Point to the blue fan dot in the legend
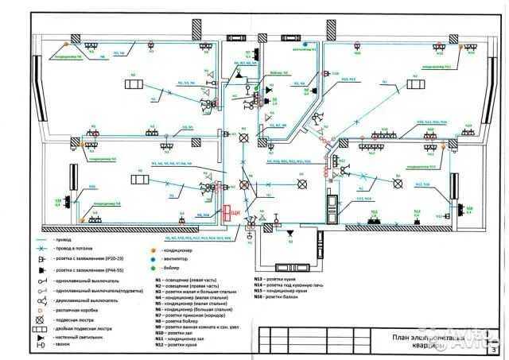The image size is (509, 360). tap(153, 258)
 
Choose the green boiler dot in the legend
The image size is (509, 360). tap(153, 269)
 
